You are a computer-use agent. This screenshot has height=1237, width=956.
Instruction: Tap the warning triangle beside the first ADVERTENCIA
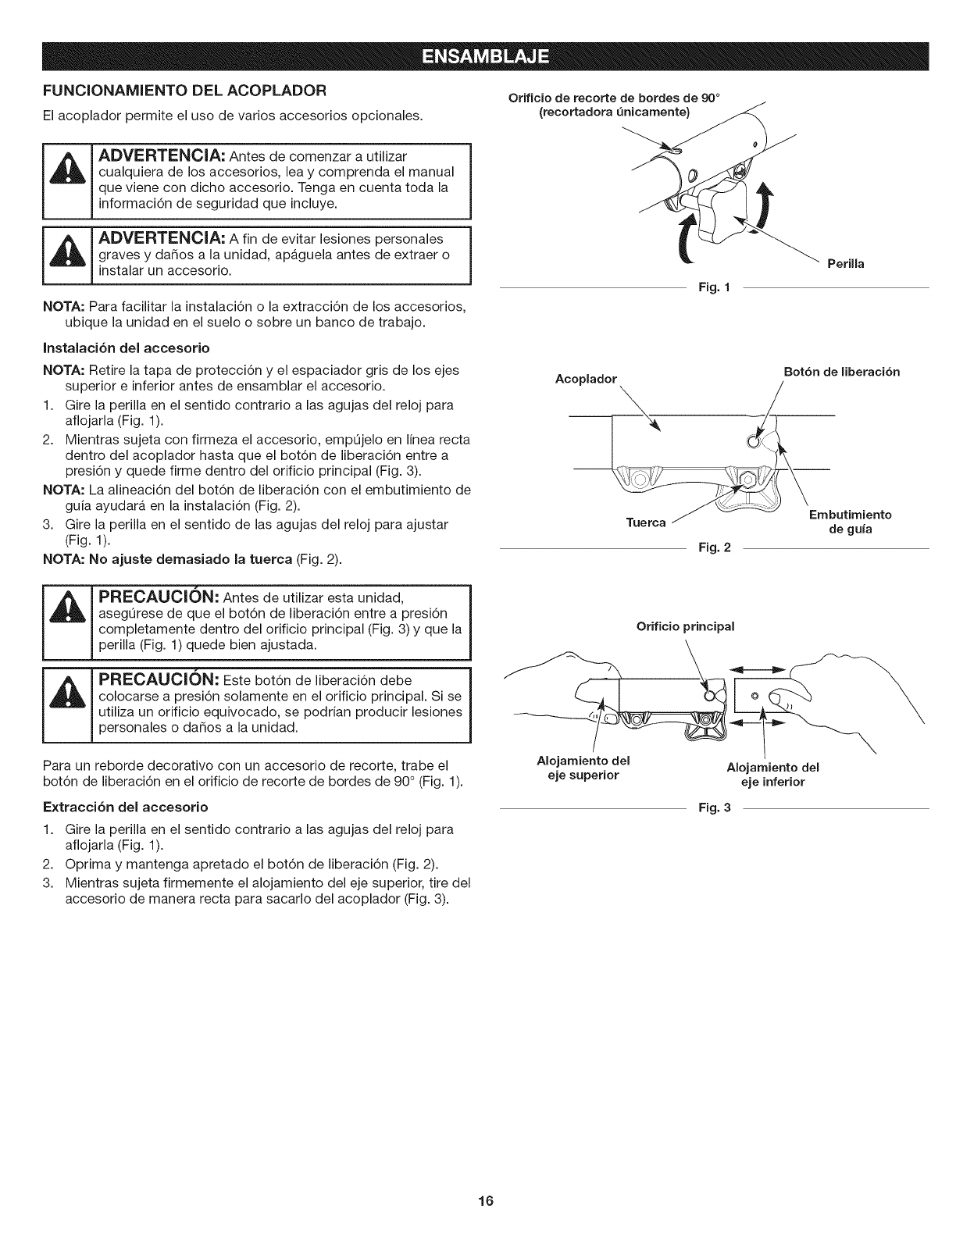[67, 180]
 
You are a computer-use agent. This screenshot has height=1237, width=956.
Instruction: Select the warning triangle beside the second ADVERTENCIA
[67, 255]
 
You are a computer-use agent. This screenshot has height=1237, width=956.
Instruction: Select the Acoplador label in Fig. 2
[586, 379]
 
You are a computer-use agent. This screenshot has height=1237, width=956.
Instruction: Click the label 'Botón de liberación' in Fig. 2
[841, 372]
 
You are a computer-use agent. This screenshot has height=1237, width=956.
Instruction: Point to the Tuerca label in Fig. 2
[646, 522]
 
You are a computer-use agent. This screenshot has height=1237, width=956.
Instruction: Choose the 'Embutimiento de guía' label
[850, 522]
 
